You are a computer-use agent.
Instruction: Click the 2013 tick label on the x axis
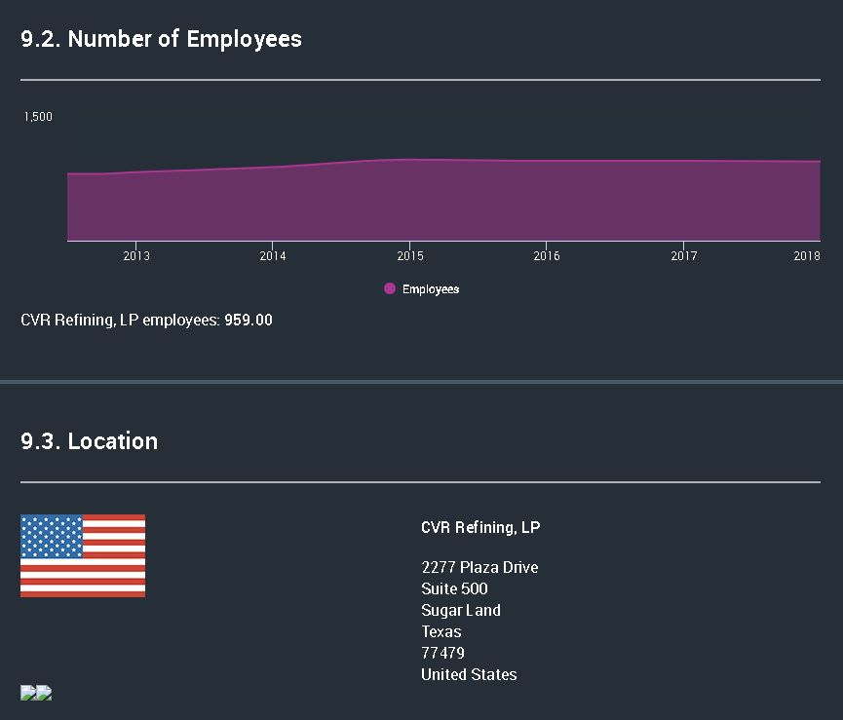(136, 256)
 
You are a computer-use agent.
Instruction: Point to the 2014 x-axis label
(273, 256)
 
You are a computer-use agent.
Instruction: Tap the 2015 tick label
(409, 256)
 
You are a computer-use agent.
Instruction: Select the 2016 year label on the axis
(547, 256)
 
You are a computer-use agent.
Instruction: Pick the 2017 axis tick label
(683, 256)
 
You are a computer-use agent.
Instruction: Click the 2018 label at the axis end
(807, 256)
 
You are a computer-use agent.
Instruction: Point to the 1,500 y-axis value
(38, 117)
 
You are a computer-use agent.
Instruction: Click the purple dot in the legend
(390, 288)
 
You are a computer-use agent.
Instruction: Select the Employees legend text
(431, 289)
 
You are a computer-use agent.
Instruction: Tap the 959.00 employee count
(249, 320)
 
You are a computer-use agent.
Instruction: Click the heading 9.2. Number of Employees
(162, 39)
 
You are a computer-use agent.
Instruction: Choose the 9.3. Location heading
(90, 441)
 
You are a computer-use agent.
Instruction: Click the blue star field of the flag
(52, 536)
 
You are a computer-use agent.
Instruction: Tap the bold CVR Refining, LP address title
(480, 528)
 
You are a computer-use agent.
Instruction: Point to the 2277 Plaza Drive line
(479, 567)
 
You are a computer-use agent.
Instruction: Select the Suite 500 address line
(454, 588)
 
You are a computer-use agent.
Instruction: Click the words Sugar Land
(461, 610)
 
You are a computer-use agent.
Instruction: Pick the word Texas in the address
(441, 631)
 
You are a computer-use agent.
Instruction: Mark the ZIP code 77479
(443, 653)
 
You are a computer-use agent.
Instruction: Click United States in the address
(469, 674)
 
